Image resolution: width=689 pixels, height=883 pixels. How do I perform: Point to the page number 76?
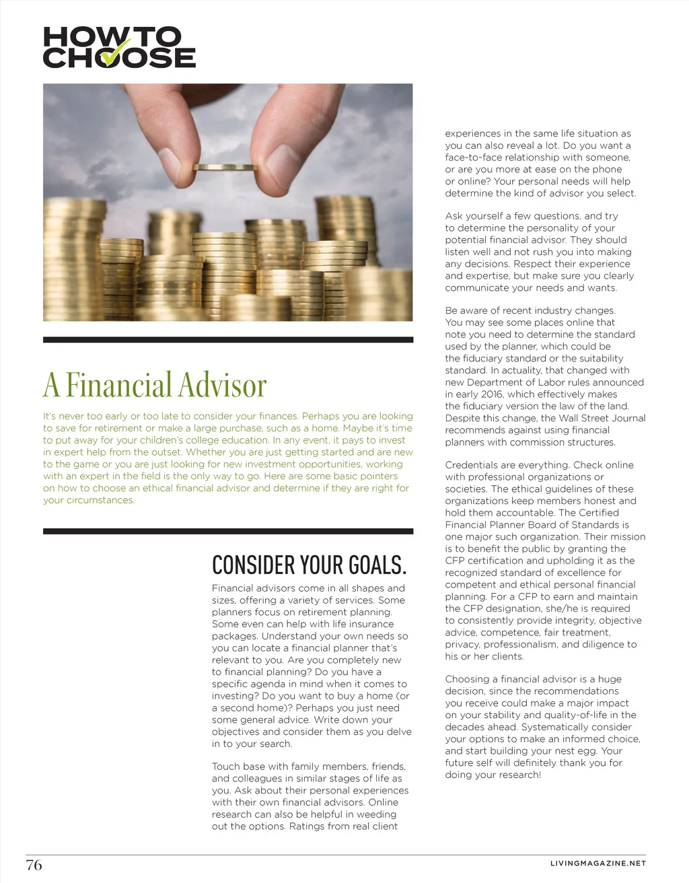pos(34,865)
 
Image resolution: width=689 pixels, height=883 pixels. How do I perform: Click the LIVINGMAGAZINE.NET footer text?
pos(597,863)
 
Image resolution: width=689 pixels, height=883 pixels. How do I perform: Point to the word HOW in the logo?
pos(72,36)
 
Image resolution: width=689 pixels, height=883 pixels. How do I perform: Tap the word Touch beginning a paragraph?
pos(225,767)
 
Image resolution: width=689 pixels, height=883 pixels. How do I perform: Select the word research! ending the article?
pos(517,775)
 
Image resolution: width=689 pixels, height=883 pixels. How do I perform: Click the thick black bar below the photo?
pos(228,340)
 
